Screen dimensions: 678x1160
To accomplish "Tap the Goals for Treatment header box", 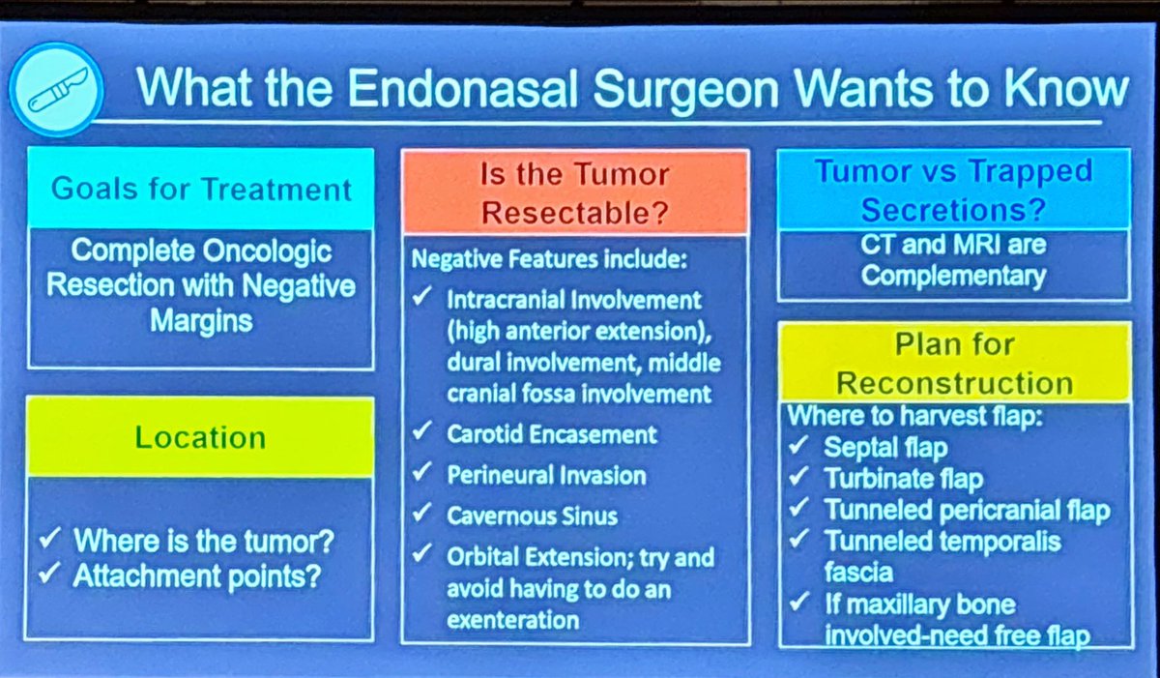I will click(x=201, y=188).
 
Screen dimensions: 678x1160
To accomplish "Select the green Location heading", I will click(x=200, y=437).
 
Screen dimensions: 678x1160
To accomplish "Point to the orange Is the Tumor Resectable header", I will click(x=575, y=192).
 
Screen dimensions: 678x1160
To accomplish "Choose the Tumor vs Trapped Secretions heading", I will click(x=954, y=190).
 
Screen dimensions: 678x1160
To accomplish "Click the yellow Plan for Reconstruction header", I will click(x=954, y=363).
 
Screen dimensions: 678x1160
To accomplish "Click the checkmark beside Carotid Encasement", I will click(x=422, y=433).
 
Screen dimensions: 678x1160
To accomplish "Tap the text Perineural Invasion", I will click(x=546, y=475).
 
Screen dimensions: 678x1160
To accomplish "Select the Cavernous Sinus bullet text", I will click(x=532, y=516).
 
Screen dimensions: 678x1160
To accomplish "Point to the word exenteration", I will click(x=512, y=620).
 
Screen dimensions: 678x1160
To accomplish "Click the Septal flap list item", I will click(x=885, y=448).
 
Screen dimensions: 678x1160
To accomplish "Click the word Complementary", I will click(x=953, y=276).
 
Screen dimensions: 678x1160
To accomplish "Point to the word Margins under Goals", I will click(x=201, y=319).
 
